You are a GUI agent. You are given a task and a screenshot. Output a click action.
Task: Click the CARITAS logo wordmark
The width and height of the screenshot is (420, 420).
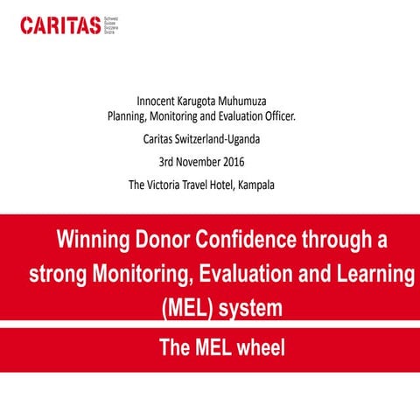pos(60,25)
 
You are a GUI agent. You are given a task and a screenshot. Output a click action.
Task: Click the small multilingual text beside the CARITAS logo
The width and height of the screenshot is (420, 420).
pos(111,24)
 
